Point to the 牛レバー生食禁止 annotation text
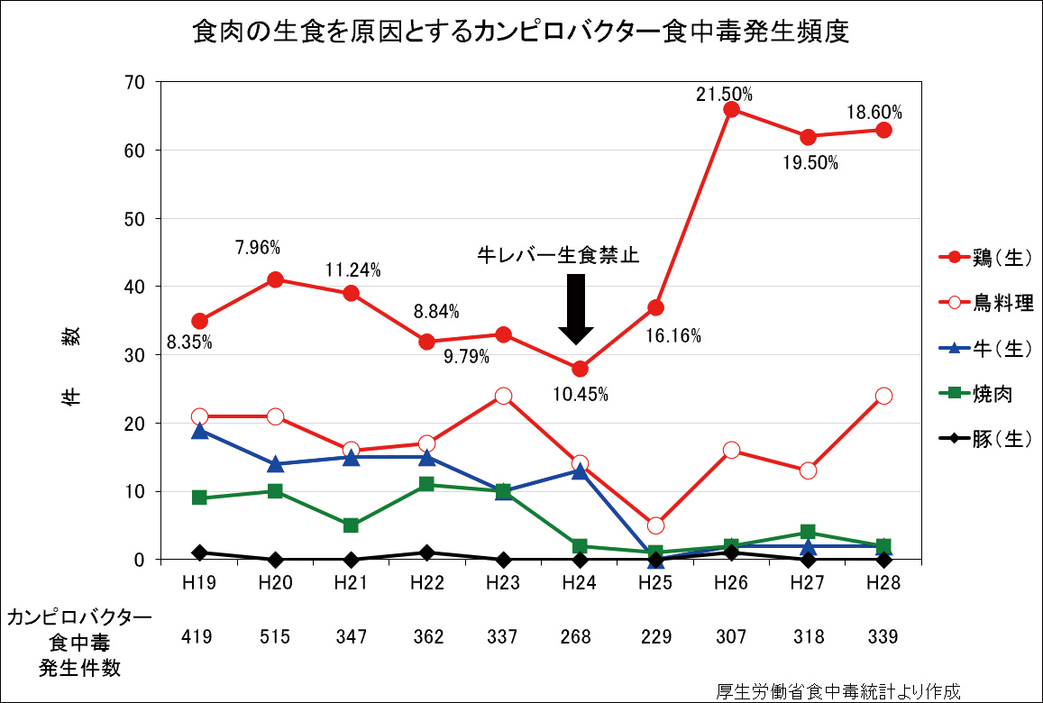(x=558, y=255)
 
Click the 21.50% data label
(x=724, y=95)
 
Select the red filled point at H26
(x=731, y=110)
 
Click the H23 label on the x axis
(x=503, y=583)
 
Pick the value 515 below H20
(x=275, y=637)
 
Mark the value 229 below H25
(x=655, y=637)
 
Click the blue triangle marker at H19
(x=199, y=432)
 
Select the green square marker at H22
(x=427, y=485)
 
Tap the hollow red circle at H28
(x=883, y=396)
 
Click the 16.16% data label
(x=672, y=337)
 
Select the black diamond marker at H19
(x=199, y=552)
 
